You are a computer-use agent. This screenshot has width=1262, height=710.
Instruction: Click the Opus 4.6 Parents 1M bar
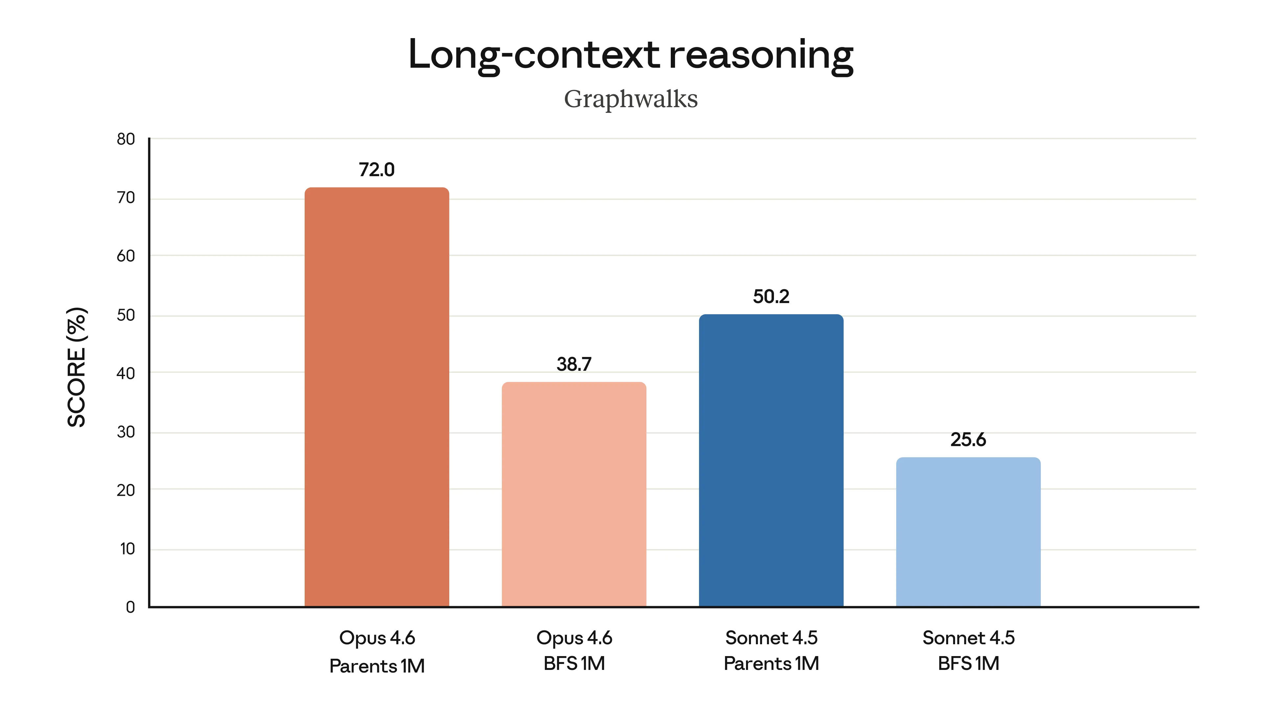[x=377, y=397]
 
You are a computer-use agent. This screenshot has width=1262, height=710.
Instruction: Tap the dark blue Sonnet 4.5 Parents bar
[x=771, y=461]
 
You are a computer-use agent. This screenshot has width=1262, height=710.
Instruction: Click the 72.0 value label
[x=376, y=170]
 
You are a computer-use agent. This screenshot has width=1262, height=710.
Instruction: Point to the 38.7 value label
[x=574, y=364]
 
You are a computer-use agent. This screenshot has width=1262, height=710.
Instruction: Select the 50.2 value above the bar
[x=771, y=296]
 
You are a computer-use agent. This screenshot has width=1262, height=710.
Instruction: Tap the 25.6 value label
[x=968, y=439]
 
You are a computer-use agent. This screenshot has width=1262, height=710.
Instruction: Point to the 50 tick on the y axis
[x=126, y=315]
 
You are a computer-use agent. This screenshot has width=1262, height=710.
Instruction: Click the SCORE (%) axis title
[x=77, y=367]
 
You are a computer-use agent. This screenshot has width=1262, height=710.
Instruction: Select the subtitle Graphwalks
[x=631, y=99]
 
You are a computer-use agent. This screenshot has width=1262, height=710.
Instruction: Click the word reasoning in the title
[x=761, y=55]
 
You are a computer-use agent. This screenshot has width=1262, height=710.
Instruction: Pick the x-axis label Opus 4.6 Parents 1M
[x=377, y=652]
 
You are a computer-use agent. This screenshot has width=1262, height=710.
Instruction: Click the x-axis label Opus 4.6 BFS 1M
[x=574, y=650]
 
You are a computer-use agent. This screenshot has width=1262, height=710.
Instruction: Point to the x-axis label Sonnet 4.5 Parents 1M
[x=771, y=650]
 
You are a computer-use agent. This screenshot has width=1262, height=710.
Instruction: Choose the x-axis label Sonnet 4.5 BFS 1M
[x=969, y=650]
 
